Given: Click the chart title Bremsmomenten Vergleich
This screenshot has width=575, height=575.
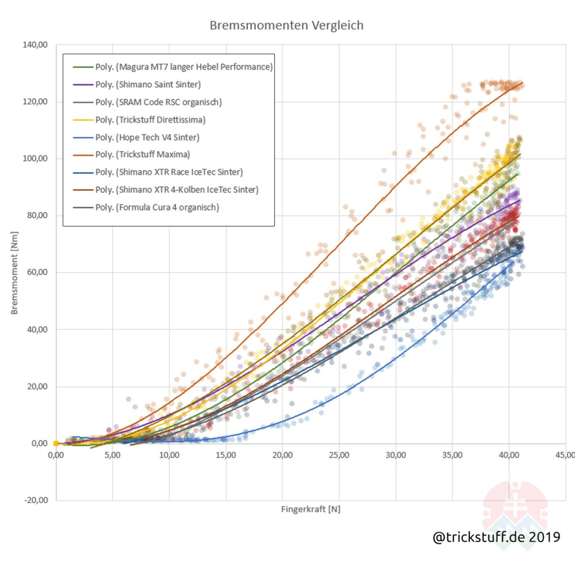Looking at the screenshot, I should [286, 26].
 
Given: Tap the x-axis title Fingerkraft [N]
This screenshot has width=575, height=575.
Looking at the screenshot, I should [310, 509].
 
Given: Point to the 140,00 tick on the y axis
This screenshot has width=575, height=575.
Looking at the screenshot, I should [36, 45].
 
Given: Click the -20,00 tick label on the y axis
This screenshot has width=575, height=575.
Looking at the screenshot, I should [36, 500].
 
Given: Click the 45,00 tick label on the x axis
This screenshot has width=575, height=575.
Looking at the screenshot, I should [565, 455].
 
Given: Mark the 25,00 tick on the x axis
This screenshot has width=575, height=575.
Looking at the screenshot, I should [339, 455].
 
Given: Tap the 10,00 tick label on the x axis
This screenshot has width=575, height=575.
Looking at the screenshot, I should [169, 455].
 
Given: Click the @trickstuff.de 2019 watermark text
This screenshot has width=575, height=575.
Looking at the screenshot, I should [496, 537].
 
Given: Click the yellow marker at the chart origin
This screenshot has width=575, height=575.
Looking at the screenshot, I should [56, 443].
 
